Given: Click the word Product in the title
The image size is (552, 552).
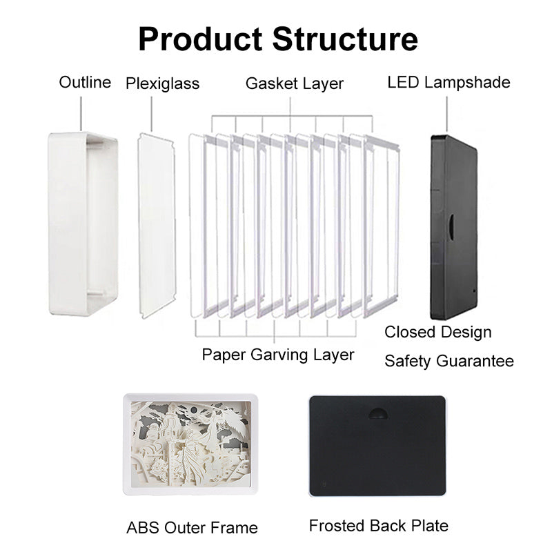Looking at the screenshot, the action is pyautogui.click(x=200, y=39).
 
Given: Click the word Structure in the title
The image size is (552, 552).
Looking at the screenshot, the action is pyautogui.click(x=345, y=39).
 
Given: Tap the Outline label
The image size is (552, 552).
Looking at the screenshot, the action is pyautogui.click(x=85, y=82).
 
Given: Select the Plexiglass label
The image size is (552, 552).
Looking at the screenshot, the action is pyautogui.click(x=163, y=83).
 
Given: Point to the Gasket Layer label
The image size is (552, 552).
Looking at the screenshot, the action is pyautogui.click(x=295, y=83).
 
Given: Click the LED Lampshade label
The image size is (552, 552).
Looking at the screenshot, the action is pyautogui.click(x=449, y=83).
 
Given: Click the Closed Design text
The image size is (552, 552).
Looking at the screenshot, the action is pyautogui.click(x=438, y=333).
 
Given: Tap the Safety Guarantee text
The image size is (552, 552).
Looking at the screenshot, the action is pyautogui.click(x=449, y=361).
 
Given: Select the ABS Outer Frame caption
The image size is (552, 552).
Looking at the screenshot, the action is pyautogui.click(x=192, y=528).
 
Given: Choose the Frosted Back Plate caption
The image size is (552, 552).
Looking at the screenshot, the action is pyautogui.click(x=379, y=526).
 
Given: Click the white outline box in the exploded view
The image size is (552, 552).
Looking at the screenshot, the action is pyautogui.click(x=83, y=224).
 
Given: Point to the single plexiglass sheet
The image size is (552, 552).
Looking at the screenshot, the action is pyautogui.click(x=157, y=226).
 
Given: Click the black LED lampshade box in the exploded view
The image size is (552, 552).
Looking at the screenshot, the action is pyautogui.click(x=454, y=228).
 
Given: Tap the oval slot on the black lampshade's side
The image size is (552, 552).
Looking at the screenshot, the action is pyautogui.click(x=451, y=227).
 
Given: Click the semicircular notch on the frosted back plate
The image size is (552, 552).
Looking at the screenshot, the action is pyautogui.click(x=377, y=413).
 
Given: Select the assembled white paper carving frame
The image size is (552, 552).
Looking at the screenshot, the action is pyautogui.click(x=190, y=444).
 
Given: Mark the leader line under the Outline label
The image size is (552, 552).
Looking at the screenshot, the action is pyautogui.click(x=81, y=114).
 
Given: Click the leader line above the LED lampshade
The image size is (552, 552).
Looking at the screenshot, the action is pyautogui.click(x=447, y=114).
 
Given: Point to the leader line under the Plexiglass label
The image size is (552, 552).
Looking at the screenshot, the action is pyautogui.click(x=152, y=114).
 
